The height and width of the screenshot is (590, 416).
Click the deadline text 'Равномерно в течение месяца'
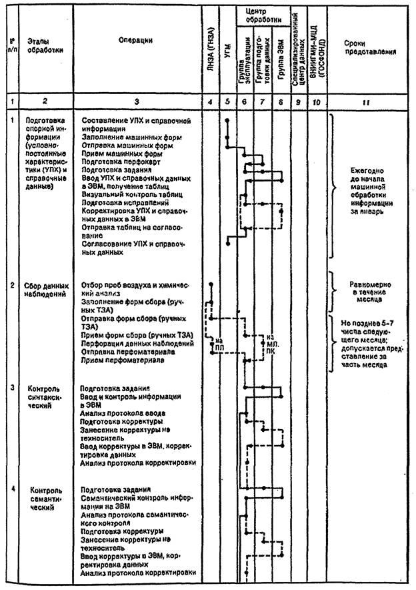coord(370,291)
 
